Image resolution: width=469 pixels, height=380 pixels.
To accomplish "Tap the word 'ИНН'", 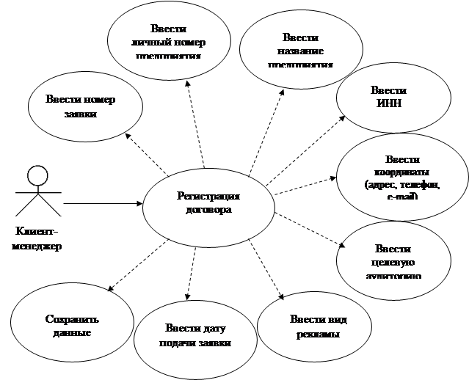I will pyautogui.click(x=388, y=104).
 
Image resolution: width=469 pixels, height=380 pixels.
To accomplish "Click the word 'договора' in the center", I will pyautogui.click(x=208, y=209).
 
